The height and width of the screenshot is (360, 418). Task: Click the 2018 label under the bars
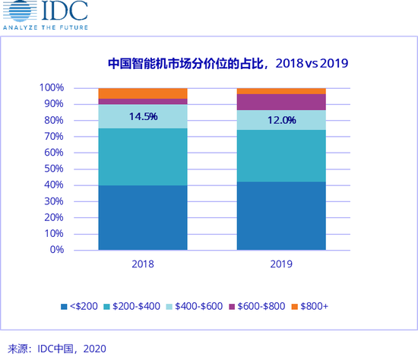point(142,264)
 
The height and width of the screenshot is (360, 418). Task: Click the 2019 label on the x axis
point(281,264)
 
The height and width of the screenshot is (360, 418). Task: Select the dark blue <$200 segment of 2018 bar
point(143,217)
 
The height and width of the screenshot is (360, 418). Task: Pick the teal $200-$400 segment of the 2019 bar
point(281,156)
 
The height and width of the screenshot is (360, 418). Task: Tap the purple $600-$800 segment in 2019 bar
point(281,102)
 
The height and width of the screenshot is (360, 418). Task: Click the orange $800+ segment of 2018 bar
point(143,93)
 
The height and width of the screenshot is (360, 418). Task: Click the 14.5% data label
point(143,116)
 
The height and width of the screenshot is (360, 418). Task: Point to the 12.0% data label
point(281,120)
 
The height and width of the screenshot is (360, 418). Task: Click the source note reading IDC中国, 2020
point(53,349)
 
